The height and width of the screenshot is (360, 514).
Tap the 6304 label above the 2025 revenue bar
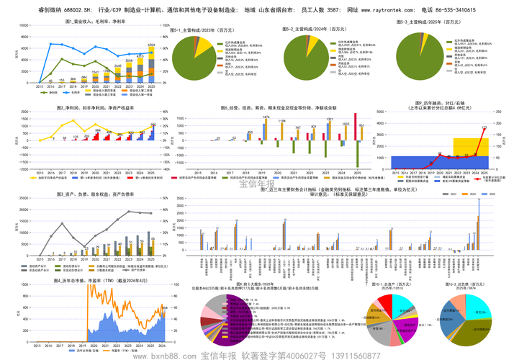(151, 45)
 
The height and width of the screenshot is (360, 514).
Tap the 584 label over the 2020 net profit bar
(98, 131)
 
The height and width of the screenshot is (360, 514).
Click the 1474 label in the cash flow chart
(266, 117)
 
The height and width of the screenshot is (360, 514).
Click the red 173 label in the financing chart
(484, 127)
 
